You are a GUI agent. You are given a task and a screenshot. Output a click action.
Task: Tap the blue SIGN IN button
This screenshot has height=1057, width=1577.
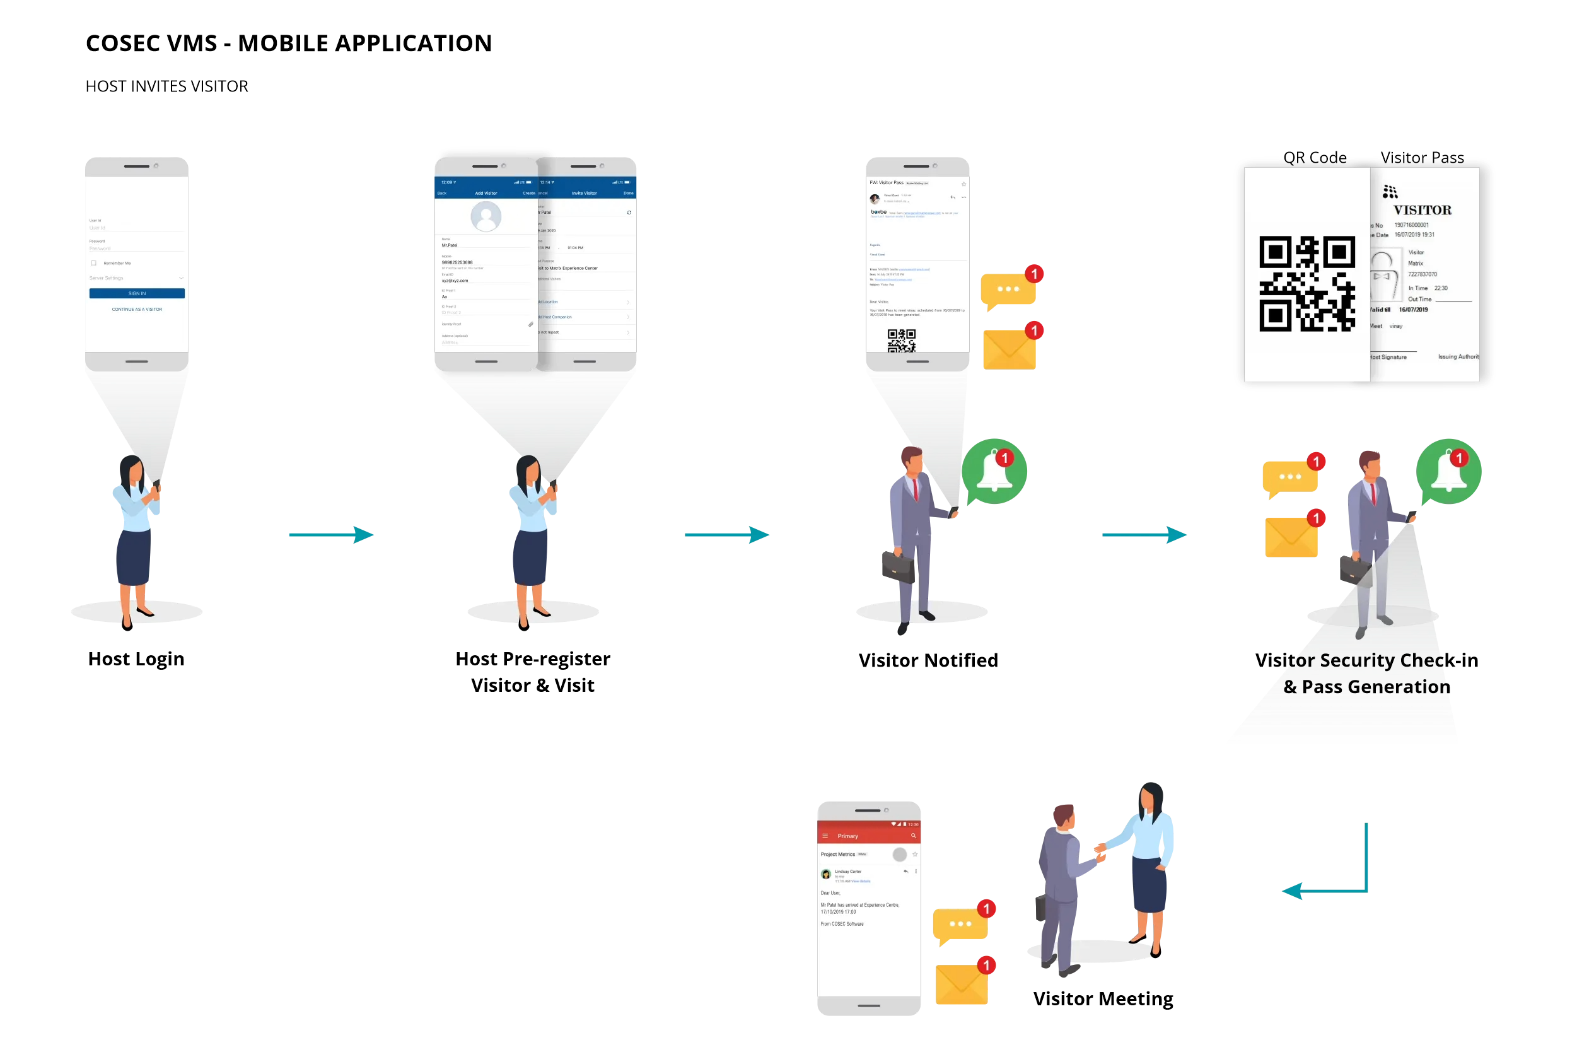pyautogui.click(x=137, y=293)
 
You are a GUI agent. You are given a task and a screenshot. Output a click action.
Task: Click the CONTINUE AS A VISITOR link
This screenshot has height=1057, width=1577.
pyautogui.click(x=137, y=310)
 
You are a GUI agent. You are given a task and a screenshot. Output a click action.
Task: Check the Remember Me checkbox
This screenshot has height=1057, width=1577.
pyautogui.click(x=94, y=263)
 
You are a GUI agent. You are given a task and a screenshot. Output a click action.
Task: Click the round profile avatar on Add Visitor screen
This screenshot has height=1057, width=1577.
pyautogui.click(x=486, y=216)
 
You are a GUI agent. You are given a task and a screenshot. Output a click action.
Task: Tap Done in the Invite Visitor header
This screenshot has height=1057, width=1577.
pyautogui.click(x=628, y=194)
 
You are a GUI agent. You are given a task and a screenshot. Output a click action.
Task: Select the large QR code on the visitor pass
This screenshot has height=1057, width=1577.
pyautogui.click(x=1306, y=284)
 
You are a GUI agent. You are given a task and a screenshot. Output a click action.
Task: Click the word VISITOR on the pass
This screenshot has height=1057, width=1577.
pyautogui.click(x=1422, y=210)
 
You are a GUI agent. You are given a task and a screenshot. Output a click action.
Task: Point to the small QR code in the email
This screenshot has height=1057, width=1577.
pyautogui.click(x=901, y=341)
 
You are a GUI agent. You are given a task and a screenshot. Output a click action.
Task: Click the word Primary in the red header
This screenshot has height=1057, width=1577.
pyautogui.click(x=848, y=836)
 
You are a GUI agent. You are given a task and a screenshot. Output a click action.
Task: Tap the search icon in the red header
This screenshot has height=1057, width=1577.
pyautogui.click(x=914, y=836)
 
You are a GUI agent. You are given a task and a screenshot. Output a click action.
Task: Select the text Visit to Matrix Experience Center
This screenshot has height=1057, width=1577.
pyautogui.click(x=568, y=268)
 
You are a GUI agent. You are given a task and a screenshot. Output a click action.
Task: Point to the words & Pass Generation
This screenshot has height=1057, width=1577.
pyautogui.click(x=1365, y=687)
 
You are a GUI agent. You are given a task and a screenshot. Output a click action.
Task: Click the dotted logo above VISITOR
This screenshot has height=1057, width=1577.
pyautogui.click(x=1390, y=192)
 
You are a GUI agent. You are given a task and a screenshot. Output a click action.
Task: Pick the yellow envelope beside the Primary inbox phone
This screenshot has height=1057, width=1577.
pyautogui.click(x=962, y=984)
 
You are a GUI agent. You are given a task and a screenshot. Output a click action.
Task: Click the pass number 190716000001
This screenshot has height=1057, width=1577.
pyautogui.click(x=1411, y=225)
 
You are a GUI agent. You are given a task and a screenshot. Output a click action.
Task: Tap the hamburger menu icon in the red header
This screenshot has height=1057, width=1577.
pyautogui.click(x=825, y=836)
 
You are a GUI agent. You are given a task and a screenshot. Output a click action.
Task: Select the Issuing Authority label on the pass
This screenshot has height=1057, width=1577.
pyautogui.click(x=1458, y=356)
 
